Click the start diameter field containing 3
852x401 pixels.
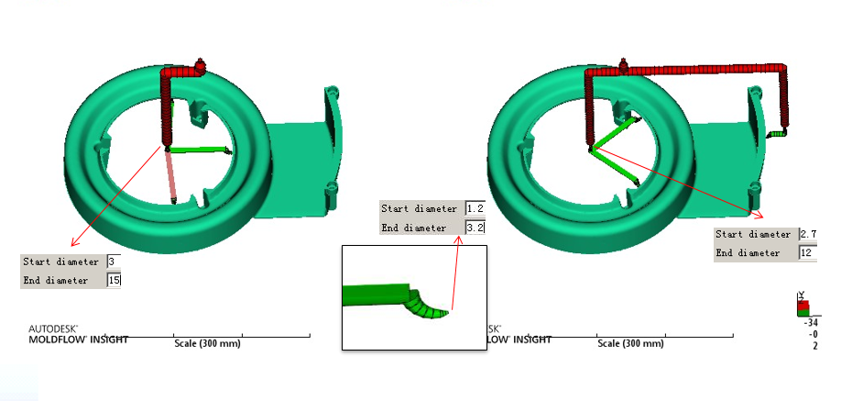coord(114,262)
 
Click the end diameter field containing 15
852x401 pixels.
coord(114,280)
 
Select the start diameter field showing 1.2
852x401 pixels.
coord(475,209)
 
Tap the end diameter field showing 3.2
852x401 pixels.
coord(475,228)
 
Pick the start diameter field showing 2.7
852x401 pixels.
coord(808,235)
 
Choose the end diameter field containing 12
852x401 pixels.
coord(808,253)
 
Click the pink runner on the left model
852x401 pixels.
coord(170,176)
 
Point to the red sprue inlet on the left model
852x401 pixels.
coord(200,65)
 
